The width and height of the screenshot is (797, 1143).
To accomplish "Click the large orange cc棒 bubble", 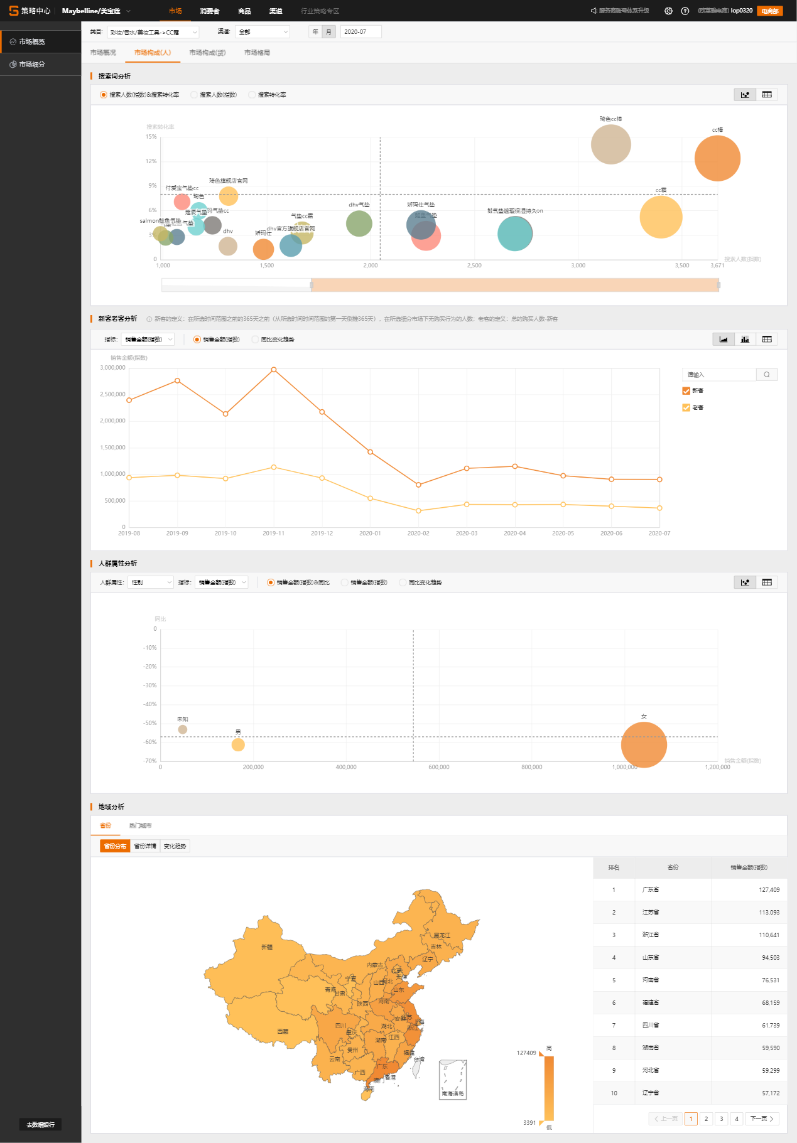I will coord(717,159).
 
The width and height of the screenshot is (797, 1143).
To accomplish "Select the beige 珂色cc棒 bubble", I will coord(610,144).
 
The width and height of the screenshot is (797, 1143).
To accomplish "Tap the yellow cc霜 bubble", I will coord(661,217).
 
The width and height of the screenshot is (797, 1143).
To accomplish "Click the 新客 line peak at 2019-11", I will coord(274,370).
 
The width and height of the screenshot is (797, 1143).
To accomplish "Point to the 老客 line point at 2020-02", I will coord(418,511).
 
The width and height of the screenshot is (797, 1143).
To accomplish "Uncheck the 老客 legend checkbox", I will coord(686,407).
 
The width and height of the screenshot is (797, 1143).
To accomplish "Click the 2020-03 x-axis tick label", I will coord(467,534).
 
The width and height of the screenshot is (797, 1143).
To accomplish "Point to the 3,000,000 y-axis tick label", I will coord(113,368).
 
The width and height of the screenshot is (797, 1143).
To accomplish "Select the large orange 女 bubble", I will coord(644,745).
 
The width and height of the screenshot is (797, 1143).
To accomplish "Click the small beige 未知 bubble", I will coord(183,729).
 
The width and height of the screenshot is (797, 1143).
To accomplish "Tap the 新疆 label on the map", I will coord(267,947).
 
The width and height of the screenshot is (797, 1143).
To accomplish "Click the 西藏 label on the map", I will coord(283,1031).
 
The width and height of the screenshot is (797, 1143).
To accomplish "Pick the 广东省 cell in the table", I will coord(651,890).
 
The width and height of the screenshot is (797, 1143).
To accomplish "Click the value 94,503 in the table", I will coord(771,958).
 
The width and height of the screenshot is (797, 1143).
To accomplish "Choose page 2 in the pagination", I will coord(706,1119).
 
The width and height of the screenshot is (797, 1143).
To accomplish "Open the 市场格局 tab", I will coord(257,53).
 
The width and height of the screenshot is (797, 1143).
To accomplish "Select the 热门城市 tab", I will coord(140,825).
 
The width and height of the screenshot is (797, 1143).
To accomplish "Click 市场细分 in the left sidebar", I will coord(32,65).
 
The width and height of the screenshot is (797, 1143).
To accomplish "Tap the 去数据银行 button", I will coord(40,1125).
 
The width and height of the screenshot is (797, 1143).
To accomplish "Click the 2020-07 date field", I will coord(360,32).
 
